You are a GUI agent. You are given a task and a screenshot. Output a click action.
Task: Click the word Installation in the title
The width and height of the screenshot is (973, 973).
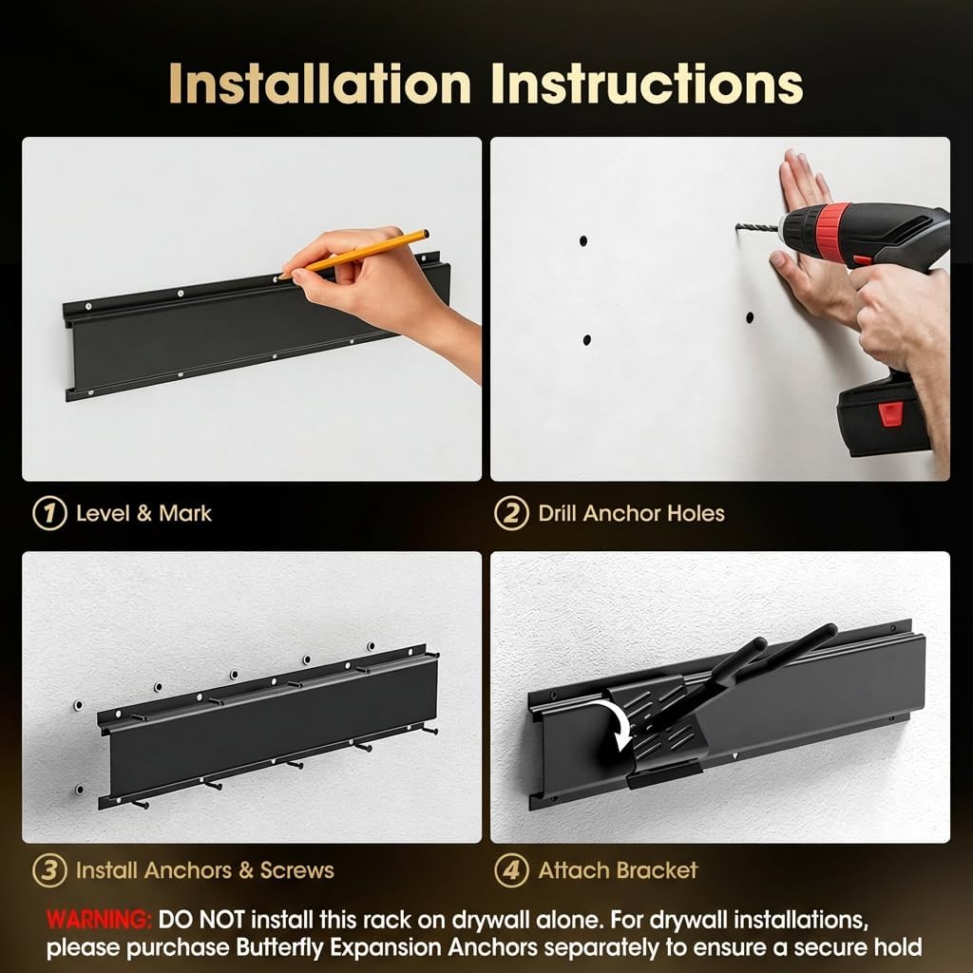[320, 84]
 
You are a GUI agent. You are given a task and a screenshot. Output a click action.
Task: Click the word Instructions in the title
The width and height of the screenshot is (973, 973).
[647, 84]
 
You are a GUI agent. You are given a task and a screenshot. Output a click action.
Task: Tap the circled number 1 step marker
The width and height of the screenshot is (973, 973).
[48, 514]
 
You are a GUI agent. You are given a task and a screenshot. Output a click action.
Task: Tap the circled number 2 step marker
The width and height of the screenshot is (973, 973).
[511, 514]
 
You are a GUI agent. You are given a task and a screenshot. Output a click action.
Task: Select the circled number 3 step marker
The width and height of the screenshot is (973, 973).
[48, 870]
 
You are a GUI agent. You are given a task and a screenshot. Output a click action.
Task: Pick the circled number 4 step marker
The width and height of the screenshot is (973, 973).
[511, 870]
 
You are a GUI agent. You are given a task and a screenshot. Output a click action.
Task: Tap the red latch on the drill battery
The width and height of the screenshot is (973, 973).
[890, 412]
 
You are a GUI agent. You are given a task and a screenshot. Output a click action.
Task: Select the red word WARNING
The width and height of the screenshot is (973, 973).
[99, 920]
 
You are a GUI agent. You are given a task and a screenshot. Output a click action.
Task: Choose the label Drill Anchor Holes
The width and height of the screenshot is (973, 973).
[631, 514]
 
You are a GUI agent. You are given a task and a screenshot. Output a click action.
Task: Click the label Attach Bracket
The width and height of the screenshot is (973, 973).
[618, 870]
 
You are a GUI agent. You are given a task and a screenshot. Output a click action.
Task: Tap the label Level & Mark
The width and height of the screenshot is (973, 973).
[143, 514]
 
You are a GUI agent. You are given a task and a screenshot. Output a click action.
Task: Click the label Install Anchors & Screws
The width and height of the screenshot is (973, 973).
[204, 870]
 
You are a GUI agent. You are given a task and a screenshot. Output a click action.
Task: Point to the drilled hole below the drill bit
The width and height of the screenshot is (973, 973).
[750, 315]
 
